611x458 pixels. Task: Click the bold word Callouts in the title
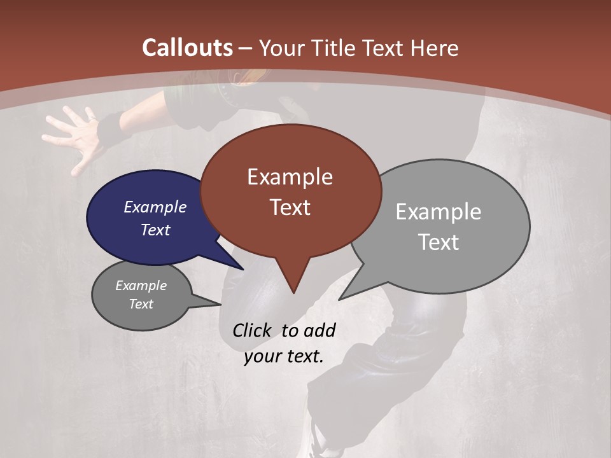pyautogui.click(x=187, y=48)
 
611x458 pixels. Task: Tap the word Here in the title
pyautogui.click(x=433, y=48)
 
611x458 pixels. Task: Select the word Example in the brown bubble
pyautogui.click(x=290, y=177)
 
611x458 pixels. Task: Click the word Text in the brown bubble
pyautogui.click(x=290, y=207)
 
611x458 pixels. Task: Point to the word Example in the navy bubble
pyautogui.click(x=155, y=207)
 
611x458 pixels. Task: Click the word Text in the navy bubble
pyautogui.click(x=155, y=230)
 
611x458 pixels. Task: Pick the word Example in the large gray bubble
pyautogui.click(x=438, y=212)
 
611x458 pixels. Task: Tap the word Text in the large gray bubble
pyautogui.click(x=439, y=242)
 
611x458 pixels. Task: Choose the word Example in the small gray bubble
pyautogui.click(x=141, y=286)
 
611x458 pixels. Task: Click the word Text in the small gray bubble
pyautogui.click(x=141, y=304)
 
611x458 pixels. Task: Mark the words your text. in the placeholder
pyautogui.click(x=284, y=356)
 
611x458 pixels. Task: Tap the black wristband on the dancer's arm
pyautogui.click(x=113, y=127)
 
